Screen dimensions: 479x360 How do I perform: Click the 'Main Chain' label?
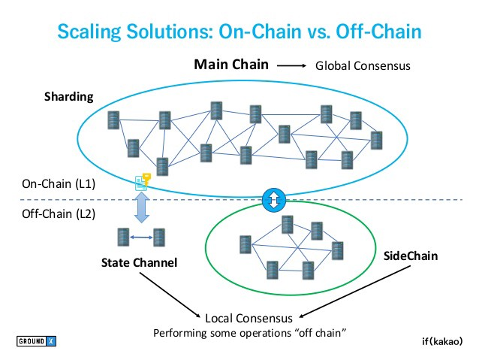231,65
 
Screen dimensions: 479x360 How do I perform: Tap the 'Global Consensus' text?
363,65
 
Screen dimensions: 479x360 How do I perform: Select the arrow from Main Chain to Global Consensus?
291,65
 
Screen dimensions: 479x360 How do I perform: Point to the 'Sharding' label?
69,97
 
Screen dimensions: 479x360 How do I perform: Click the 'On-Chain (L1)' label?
59,184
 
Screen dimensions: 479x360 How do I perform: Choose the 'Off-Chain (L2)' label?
59,213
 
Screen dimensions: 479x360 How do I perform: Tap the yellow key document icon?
143,182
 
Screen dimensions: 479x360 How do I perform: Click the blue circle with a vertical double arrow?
274,200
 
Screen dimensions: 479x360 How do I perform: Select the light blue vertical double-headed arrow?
142,207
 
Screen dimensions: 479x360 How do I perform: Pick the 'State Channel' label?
140,263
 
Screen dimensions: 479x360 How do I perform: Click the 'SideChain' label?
411,256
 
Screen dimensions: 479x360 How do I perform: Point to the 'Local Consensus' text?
249,319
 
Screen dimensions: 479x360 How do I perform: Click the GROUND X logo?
36,341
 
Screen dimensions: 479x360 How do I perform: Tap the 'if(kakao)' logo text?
442,341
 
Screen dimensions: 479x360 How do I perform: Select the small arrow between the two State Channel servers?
141,237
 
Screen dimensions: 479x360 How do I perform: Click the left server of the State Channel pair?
123,237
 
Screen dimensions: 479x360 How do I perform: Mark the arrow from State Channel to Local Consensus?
170,295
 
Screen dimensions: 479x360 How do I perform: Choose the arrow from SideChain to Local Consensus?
355,292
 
